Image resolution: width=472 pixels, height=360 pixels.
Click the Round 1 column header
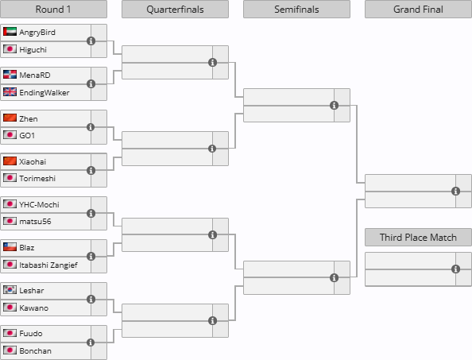53,10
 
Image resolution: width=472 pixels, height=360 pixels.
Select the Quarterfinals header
175,10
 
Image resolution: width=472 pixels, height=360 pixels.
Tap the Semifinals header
296,10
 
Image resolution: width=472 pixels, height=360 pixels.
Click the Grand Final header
418,10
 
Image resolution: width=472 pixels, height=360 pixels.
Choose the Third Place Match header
418,237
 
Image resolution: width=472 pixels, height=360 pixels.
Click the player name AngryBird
37,33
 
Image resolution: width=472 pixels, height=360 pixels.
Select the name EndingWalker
44,92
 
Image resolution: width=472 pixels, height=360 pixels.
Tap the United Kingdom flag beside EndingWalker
10,92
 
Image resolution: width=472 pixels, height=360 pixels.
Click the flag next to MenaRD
10,75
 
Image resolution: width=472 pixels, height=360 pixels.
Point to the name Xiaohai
33,161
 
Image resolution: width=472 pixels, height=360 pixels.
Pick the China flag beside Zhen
10,118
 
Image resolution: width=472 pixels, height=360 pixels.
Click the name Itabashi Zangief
48,265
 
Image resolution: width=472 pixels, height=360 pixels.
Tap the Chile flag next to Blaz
10,247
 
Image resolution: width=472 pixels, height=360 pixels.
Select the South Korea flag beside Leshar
10,290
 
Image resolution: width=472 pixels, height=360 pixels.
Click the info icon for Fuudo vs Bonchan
91,343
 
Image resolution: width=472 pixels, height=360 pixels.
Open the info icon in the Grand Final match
456,192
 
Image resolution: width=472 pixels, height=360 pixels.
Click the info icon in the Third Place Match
456,269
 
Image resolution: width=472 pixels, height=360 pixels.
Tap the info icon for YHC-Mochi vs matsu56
91,214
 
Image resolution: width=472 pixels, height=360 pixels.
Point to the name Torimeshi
37,179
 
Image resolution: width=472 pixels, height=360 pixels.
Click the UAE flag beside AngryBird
10,32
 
